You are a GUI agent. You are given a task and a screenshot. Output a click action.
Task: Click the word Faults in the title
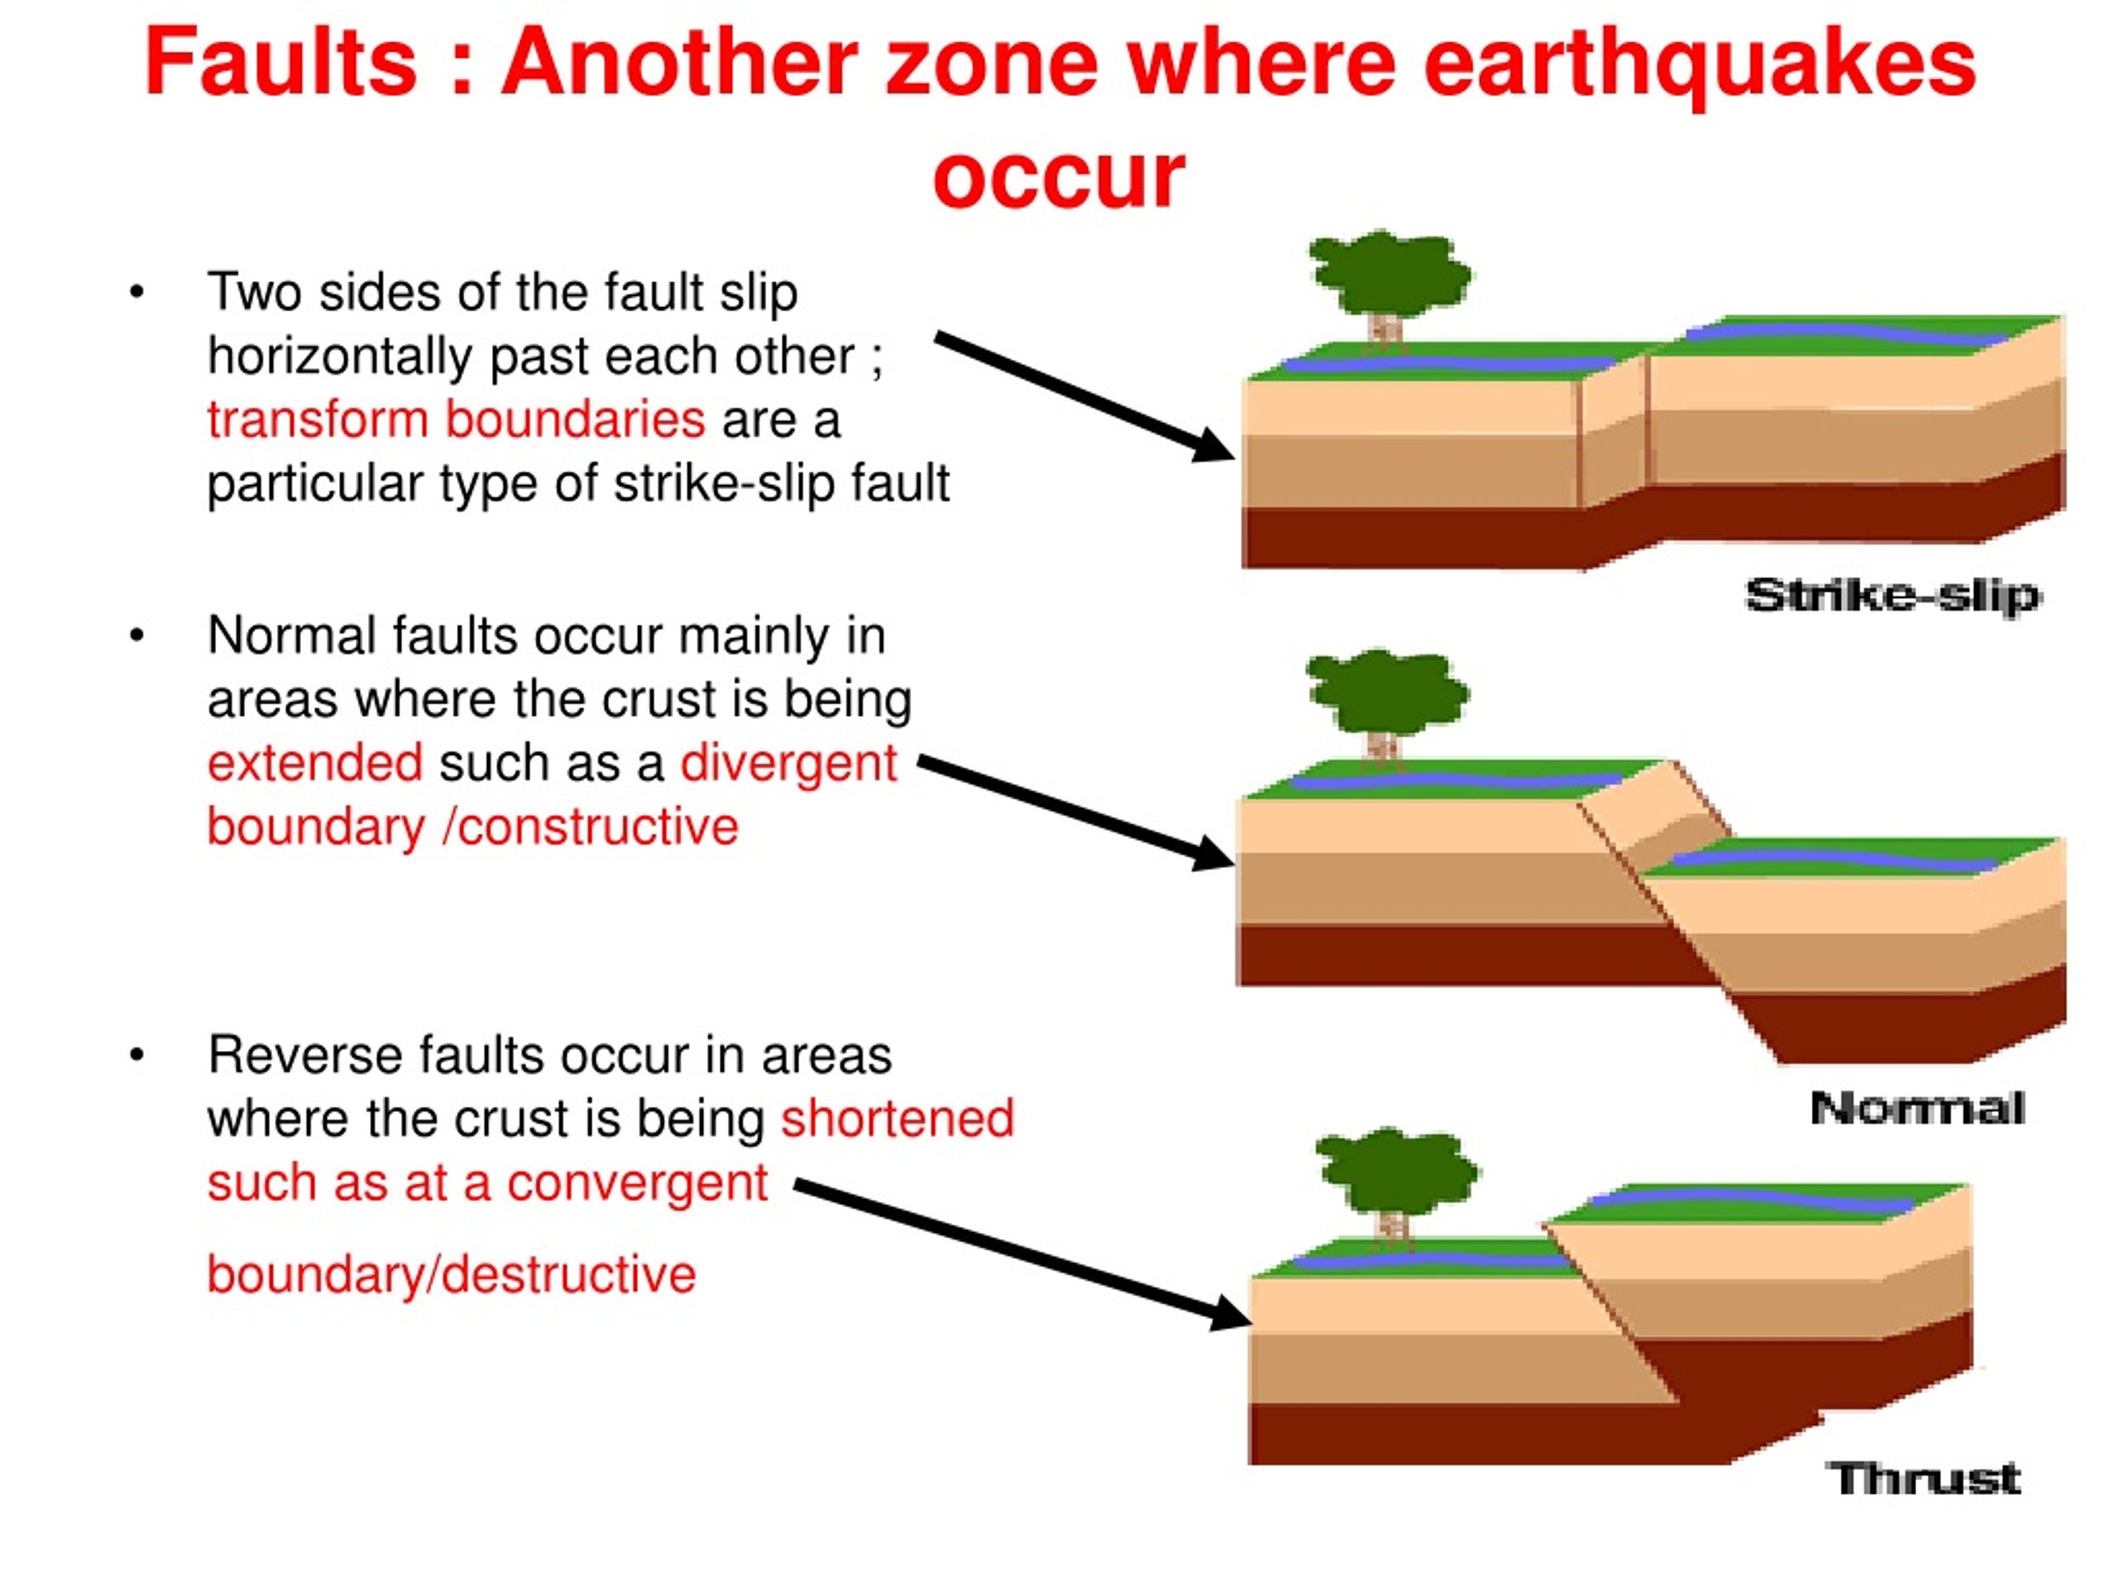280,62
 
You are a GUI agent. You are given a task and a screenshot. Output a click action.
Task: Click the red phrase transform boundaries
456,420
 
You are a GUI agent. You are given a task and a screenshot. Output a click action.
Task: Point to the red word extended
315,762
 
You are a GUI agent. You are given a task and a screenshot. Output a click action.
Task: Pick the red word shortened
897,1118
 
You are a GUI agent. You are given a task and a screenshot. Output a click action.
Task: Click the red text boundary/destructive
451,1275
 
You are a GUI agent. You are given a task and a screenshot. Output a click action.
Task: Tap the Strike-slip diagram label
1892,596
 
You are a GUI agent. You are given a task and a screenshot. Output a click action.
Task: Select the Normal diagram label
1917,1109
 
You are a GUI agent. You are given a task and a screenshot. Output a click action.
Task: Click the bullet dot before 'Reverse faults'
137,1055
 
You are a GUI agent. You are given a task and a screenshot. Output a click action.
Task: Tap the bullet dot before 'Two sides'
137,291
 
